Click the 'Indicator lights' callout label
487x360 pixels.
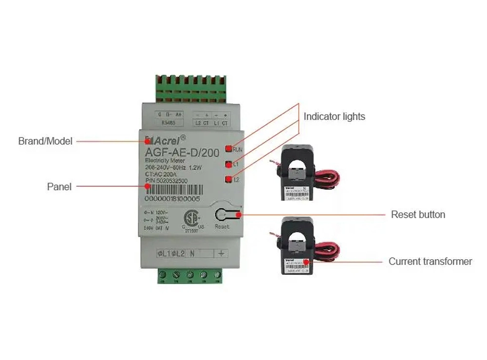point(334,116)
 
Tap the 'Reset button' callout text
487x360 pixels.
point(418,214)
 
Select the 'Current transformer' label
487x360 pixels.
point(430,262)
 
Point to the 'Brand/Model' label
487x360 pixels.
point(45,141)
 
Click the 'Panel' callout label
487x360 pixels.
point(59,187)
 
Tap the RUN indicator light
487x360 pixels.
point(228,149)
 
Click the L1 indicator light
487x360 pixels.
point(228,165)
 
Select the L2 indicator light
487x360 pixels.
point(228,180)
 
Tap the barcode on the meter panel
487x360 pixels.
point(173,189)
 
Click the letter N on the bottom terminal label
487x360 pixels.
point(192,253)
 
